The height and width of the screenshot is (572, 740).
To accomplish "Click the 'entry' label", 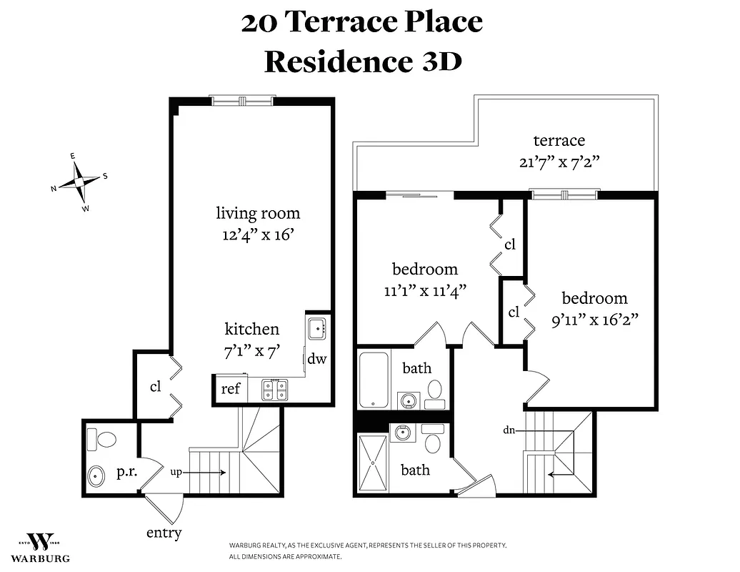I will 164,533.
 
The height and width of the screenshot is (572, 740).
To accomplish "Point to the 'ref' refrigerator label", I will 230,389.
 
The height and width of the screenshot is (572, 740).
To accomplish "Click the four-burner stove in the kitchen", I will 274,390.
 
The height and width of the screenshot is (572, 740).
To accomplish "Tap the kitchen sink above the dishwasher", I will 317,330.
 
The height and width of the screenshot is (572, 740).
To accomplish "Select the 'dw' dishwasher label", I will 317,358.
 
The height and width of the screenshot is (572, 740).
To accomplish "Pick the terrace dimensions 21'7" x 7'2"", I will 559,161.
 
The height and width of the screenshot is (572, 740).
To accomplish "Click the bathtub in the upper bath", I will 373,379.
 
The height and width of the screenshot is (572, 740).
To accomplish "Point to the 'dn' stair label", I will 509,431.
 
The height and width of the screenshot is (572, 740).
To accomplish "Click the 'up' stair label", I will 176,472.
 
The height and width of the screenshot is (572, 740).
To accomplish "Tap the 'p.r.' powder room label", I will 126,472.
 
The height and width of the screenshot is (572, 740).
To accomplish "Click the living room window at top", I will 242,101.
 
